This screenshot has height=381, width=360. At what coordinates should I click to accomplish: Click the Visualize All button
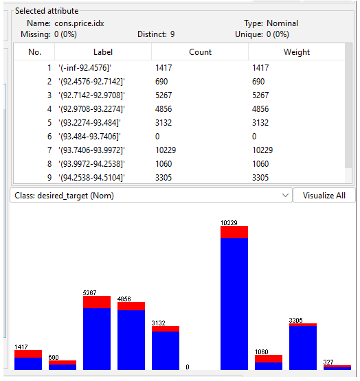[x=324, y=196]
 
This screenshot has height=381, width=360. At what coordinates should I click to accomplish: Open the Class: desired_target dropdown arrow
[x=285, y=196]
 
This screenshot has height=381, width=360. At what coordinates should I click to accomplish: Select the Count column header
[x=200, y=52]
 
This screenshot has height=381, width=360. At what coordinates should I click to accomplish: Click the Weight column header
[x=297, y=52]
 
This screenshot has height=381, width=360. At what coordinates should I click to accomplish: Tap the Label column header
[x=103, y=52]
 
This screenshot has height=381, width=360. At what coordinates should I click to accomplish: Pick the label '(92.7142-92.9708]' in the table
[x=91, y=95]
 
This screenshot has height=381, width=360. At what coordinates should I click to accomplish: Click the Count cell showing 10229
[x=166, y=150]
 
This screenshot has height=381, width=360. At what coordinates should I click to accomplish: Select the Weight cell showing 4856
[x=260, y=109]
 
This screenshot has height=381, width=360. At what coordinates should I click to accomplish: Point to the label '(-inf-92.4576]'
[x=85, y=67]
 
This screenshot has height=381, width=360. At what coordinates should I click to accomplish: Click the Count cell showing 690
[x=161, y=82]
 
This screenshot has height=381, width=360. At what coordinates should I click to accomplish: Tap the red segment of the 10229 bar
[x=234, y=232]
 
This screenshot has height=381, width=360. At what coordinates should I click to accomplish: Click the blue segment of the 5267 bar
[x=97, y=339]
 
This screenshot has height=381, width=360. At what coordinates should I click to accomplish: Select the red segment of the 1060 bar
[x=269, y=358]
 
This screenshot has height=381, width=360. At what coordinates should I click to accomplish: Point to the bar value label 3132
[x=158, y=323]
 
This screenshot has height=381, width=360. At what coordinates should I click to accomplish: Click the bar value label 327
[x=328, y=362]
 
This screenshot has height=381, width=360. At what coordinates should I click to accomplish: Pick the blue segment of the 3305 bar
[x=303, y=348]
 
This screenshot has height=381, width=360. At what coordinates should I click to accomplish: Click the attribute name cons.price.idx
[x=79, y=23]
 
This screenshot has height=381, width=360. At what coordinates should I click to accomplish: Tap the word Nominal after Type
[x=282, y=23]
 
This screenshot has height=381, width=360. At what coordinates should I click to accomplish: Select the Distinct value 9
[x=172, y=34]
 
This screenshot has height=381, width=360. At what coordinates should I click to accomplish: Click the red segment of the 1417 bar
[x=28, y=354]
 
